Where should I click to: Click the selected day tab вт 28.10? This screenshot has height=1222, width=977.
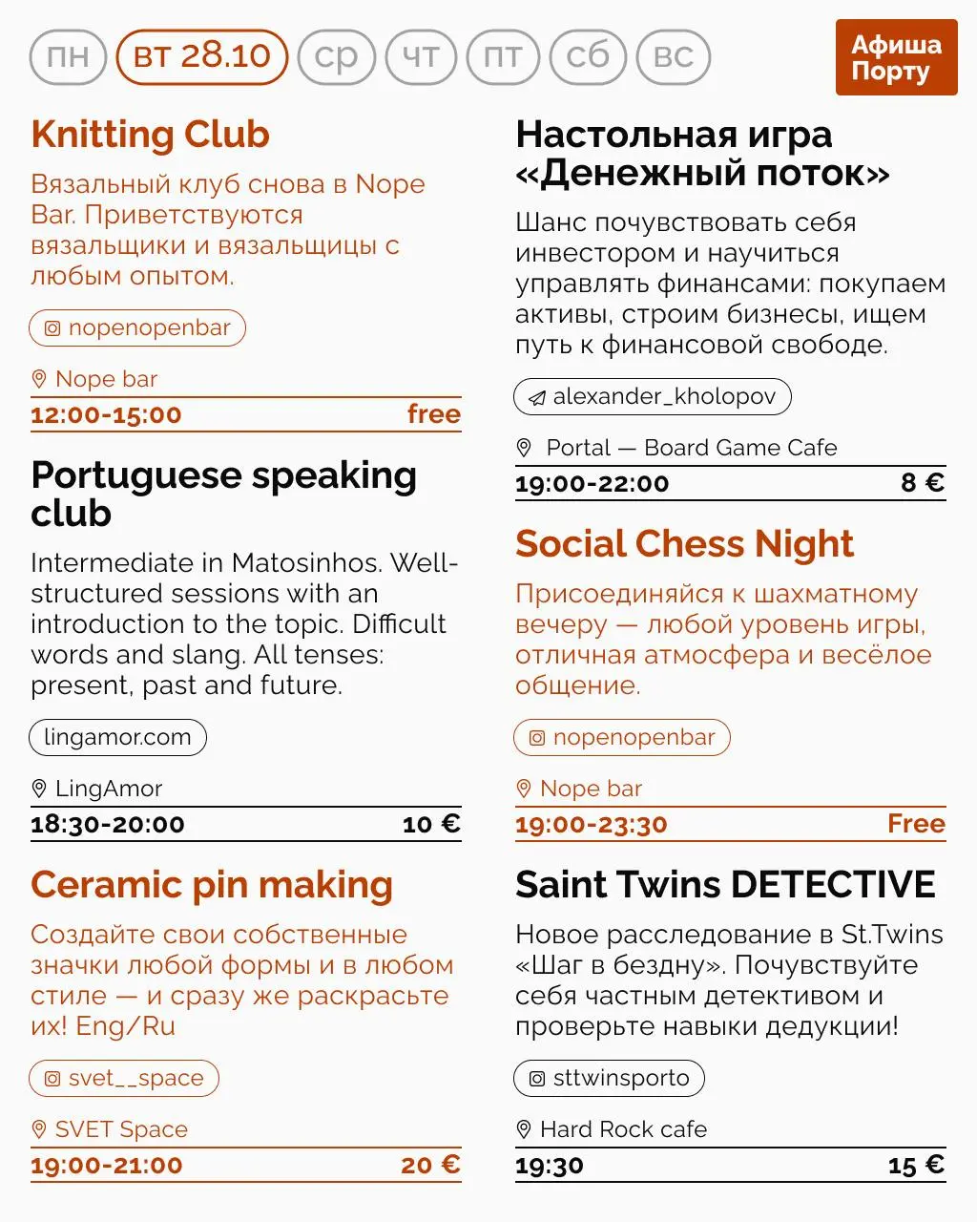pyautogui.click(x=201, y=56)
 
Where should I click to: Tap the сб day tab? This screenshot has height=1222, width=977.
pyautogui.click(x=588, y=56)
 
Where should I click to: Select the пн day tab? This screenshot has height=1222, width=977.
pyautogui.click(x=68, y=56)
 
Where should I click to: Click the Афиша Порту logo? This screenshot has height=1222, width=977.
pyautogui.click(x=895, y=57)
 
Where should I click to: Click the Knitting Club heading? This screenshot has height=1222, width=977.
pyautogui.click(x=150, y=135)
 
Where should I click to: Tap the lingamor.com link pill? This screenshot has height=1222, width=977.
pyautogui.click(x=117, y=737)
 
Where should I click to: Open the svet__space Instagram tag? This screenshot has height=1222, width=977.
pyautogui.click(x=124, y=1078)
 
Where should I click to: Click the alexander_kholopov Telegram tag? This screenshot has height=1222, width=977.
pyautogui.click(x=653, y=396)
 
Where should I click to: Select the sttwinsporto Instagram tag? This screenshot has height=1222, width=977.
pyautogui.click(x=610, y=1078)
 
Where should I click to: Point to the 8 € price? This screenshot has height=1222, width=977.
pyautogui.click(x=922, y=483)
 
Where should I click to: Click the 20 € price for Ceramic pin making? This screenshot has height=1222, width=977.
pyautogui.click(x=430, y=1165)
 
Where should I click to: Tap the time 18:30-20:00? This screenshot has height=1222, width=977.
pyautogui.click(x=108, y=825)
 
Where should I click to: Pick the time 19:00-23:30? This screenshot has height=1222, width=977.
pyautogui.click(x=592, y=825)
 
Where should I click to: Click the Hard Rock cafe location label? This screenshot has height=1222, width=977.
pyautogui.click(x=623, y=1129)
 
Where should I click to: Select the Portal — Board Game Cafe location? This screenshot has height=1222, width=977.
pyautogui.click(x=691, y=448)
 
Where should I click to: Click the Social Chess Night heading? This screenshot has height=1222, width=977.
pyautogui.click(x=684, y=544)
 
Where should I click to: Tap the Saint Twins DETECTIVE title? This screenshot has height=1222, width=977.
pyautogui.click(x=725, y=885)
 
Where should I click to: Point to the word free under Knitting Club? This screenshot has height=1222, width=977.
pyautogui.click(x=434, y=414)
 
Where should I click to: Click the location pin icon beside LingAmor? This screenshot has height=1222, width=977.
pyautogui.click(x=39, y=789)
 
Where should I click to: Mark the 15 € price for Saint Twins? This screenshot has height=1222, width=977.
pyautogui.click(x=916, y=1166)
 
